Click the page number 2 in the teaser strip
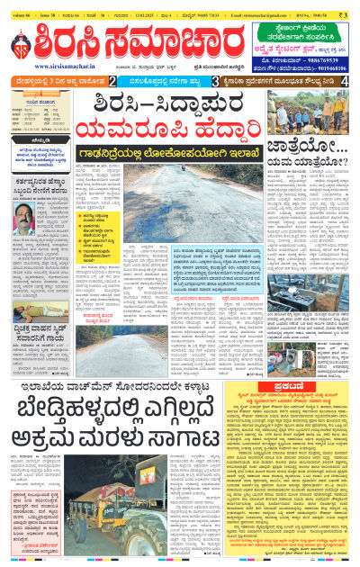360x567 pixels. (x=112, y=81)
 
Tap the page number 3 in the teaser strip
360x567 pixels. (x=216, y=81)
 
